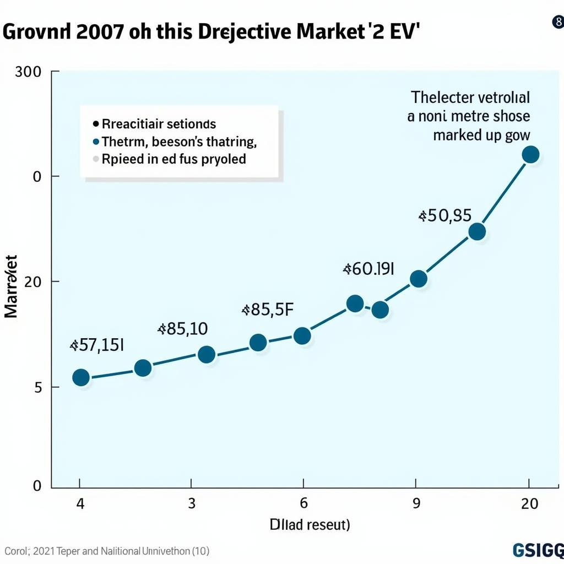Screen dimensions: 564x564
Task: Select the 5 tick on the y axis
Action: point(38,387)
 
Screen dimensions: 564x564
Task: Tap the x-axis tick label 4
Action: point(80,503)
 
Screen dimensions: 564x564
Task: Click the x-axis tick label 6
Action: point(302,503)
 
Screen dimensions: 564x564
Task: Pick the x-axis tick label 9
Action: point(416,503)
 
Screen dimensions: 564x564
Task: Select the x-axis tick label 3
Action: point(191,503)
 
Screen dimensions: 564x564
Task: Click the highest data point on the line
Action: point(530,155)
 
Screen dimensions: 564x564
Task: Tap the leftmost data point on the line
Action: point(81,377)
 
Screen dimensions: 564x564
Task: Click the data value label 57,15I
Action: point(97,345)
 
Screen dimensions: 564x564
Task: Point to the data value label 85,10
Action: point(183,329)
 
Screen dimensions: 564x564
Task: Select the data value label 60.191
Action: point(368,269)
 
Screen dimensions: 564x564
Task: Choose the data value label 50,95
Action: point(445,215)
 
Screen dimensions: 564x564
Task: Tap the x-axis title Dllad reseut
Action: point(310,524)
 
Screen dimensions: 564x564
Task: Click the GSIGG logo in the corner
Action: point(537,550)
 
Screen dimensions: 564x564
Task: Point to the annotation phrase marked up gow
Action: point(481,135)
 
